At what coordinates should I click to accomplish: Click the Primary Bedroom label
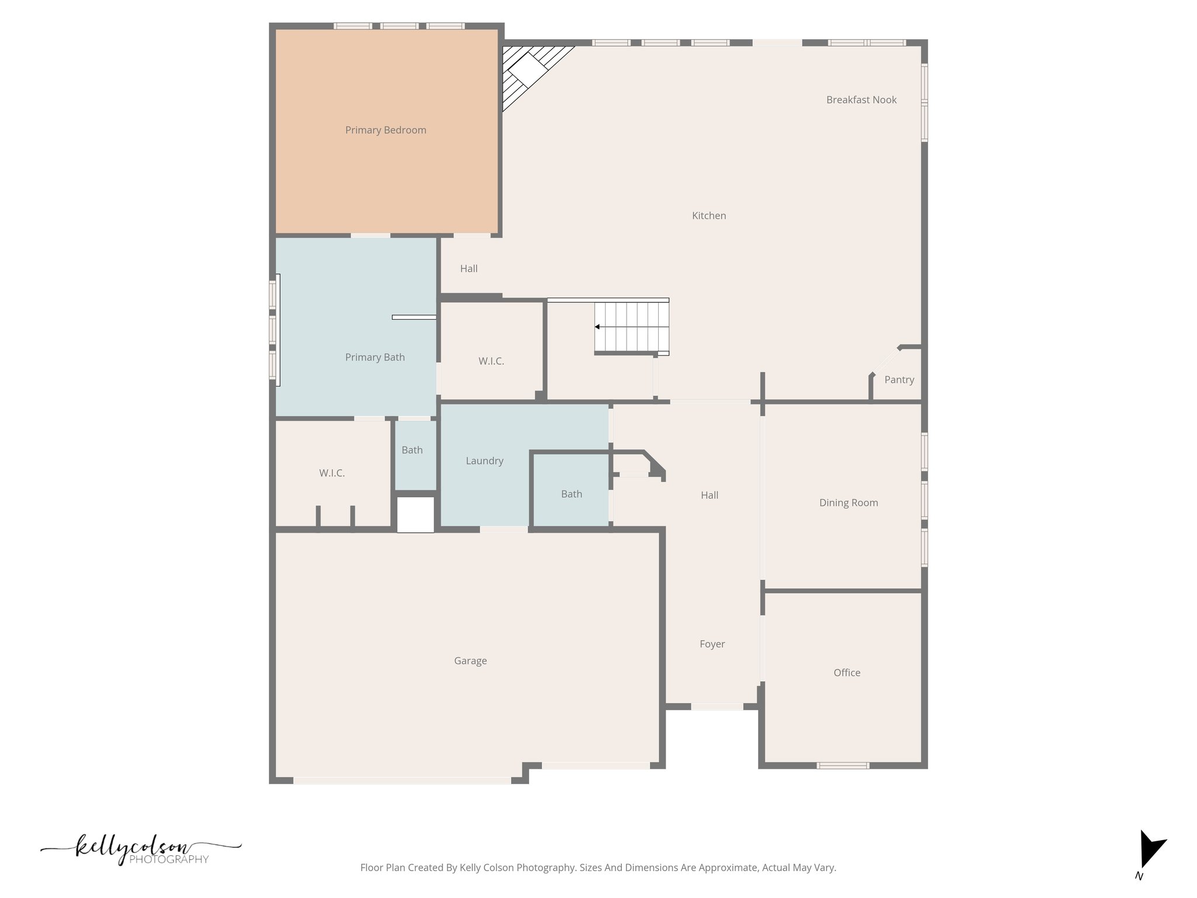point(385,130)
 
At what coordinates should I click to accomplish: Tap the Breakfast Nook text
point(861,100)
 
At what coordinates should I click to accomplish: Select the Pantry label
point(899,380)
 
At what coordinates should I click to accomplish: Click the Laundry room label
point(484,461)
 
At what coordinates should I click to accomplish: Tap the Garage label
point(470,661)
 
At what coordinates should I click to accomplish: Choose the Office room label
point(846,673)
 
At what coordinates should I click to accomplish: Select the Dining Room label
point(848,503)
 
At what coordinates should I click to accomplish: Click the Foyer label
point(712,644)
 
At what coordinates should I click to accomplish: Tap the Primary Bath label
point(375,358)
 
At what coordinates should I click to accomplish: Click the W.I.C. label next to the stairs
point(491,361)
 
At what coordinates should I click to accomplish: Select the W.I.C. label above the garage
point(331,474)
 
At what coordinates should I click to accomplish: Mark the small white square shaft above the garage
point(416,514)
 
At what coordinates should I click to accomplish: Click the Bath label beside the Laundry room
point(571,495)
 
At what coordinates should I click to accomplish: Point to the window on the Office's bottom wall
point(842,765)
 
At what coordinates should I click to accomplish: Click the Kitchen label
point(708,216)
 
